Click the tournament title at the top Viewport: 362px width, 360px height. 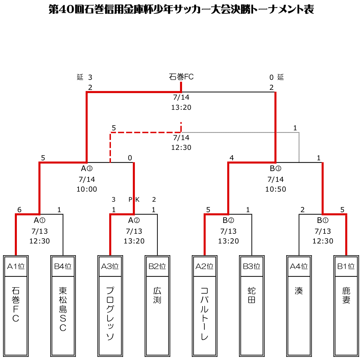[181, 9]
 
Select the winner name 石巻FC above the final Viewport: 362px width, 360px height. [181, 77]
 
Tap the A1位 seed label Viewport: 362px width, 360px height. [16, 266]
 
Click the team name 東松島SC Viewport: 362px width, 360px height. [63, 309]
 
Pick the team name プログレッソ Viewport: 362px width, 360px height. [110, 313]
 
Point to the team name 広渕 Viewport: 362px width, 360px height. [157, 295]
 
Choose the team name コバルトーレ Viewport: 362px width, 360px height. [204, 313]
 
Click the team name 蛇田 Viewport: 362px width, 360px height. [251, 295]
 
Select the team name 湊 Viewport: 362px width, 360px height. [299, 291]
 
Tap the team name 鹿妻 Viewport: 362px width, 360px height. [346, 295]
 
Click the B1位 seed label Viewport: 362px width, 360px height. [346, 266]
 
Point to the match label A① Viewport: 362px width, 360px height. [39, 221]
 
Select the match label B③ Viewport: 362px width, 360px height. [275, 169]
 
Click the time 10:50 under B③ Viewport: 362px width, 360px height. [275, 189]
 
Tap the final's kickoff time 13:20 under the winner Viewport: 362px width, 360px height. [181, 107]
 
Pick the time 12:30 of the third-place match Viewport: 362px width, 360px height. [181, 148]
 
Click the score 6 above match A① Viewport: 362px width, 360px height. [19, 210]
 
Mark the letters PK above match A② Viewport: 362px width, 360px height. [134, 199]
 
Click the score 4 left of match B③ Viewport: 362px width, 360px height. [232, 158]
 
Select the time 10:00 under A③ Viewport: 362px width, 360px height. [87, 189]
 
